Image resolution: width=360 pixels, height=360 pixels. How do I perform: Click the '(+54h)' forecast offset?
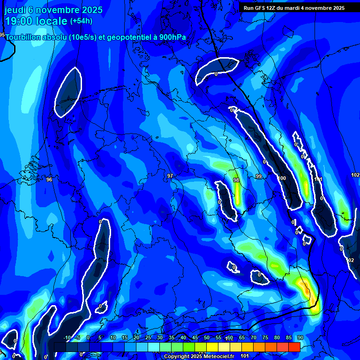tap(81, 21)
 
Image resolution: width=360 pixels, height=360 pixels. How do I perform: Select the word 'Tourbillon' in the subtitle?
tap(25, 38)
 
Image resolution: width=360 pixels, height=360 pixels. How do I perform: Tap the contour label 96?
tap(49, 180)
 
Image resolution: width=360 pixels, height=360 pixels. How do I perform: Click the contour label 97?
tap(170, 176)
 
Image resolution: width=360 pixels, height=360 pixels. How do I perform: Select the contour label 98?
tap(236, 180)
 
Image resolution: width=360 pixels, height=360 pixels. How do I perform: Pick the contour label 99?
tap(259, 176)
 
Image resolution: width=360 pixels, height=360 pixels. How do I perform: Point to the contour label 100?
tap(282, 178)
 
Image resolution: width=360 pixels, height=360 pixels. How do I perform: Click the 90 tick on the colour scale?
tap(300, 337)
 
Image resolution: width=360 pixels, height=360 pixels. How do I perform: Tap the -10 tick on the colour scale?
tap(67, 337)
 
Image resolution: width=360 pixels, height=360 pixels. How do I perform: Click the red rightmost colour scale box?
tap(294, 347)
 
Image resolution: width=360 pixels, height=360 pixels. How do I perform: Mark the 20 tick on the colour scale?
tap(136, 337)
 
